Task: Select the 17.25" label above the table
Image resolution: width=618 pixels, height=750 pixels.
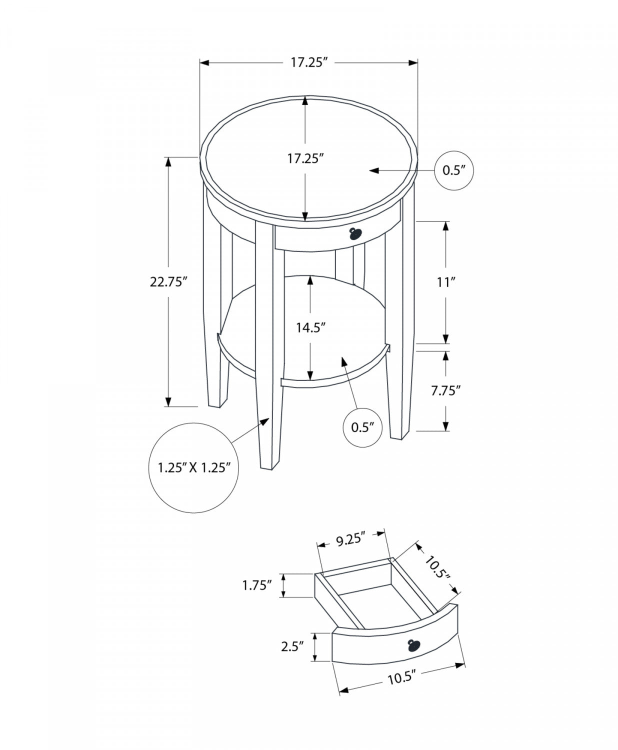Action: coord(308,62)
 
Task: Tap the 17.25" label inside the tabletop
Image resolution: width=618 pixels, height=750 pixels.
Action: coord(305,158)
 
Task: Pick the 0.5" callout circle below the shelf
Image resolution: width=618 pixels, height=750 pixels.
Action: coord(363,427)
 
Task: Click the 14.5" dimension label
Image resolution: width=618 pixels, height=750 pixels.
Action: coord(310,327)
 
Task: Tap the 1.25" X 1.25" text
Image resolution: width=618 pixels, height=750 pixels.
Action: coord(193,467)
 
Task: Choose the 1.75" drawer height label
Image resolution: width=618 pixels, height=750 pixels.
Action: coord(257,584)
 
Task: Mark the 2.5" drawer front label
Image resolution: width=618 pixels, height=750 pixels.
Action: coord(293,646)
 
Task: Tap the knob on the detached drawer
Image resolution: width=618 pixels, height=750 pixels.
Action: coord(414,645)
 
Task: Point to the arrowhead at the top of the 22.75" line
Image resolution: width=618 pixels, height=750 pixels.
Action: coord(168,161)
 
